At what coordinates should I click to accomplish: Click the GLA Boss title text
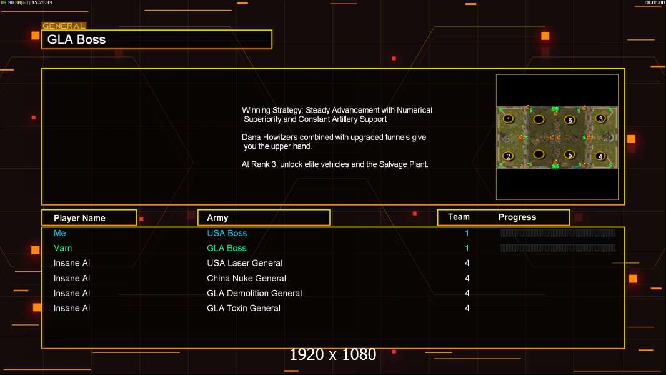(x=77, y=39)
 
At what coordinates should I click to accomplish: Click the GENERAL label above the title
(x=64, y=26)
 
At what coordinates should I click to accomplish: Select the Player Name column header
(x=79, y=218)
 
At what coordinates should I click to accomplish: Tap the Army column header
(x=217, y=218)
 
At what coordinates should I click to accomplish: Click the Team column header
(x=459, y=217)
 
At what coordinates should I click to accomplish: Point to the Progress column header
(x=517, y=217)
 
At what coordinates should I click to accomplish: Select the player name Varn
(x=62, y=248)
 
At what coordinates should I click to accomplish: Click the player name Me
(x=59, y=233)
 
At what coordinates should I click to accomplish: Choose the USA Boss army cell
(x=227, y=233)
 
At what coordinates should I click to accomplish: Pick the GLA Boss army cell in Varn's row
(x=227, y=248)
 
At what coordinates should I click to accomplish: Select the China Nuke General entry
(x=246, y=278)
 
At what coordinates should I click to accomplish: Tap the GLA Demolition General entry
(x=254, y=293)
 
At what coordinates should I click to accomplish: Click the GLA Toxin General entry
(x=244, y=308)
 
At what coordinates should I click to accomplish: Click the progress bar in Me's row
(x=557, y=233)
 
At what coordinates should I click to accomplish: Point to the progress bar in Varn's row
(x=557, y=248)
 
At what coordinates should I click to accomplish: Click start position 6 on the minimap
(x=569, y=120)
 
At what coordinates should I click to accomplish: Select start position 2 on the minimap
(x=509, y=156)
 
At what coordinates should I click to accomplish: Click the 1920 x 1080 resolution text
(x=333, y=355)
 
